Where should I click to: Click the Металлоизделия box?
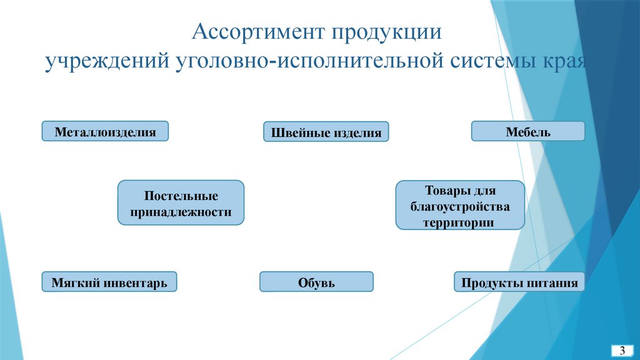(x=105, y=131)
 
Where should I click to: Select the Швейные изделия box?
(x=326, y=132)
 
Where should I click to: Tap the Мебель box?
(x=528, y=131)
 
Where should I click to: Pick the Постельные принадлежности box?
(x=181, y=202)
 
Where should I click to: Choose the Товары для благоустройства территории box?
(x=459, y=205)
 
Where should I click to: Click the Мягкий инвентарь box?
(x=109, y=282)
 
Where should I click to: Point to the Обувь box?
(x=316, y=282)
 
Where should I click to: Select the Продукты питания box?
(x=519, y=282)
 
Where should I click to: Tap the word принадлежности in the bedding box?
(x=181, y=212)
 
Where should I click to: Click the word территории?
(x=459, y=221)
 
